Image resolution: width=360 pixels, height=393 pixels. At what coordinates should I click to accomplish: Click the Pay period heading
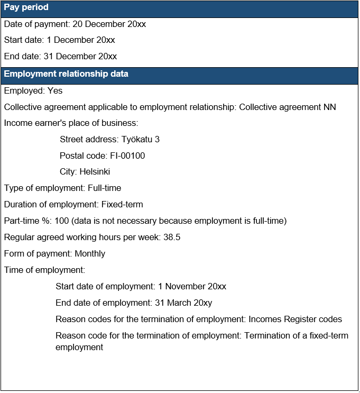26,7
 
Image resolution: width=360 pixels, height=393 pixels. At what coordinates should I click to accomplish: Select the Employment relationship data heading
66,74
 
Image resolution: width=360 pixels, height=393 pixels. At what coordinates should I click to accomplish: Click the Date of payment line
75,24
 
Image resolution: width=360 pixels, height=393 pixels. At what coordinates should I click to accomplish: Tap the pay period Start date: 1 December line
59,40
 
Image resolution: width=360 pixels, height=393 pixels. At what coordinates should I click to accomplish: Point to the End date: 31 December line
60,57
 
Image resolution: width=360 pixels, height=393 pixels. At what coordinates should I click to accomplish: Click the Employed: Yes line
33,91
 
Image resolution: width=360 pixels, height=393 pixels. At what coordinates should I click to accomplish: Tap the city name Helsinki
95,172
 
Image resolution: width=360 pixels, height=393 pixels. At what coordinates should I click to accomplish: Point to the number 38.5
172,237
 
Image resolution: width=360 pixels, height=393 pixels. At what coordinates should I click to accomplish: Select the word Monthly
90,254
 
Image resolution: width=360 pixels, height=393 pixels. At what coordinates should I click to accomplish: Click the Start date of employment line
141,287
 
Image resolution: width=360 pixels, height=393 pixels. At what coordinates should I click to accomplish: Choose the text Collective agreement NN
288,107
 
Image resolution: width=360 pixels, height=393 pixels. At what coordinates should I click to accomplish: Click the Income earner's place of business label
71,123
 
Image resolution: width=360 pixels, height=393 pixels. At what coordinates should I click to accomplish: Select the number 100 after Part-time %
62,221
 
